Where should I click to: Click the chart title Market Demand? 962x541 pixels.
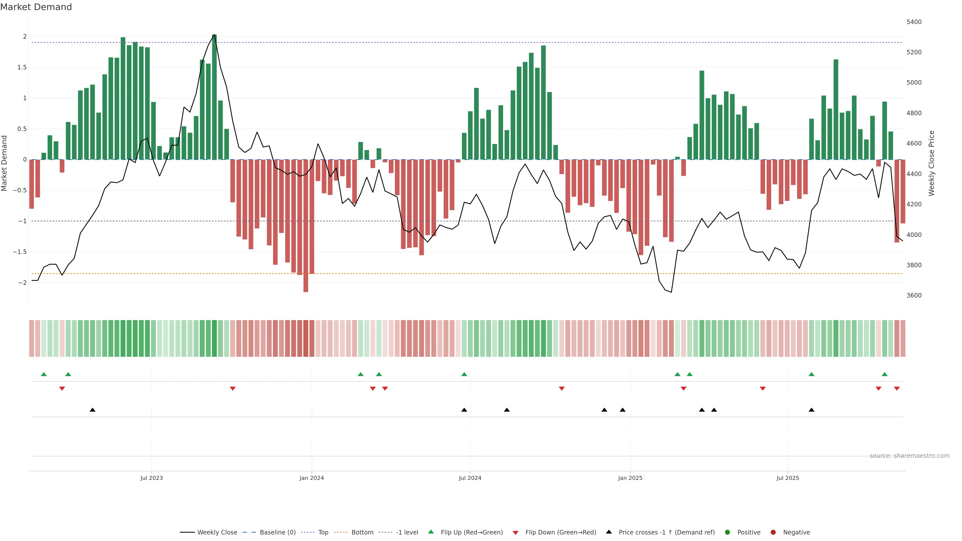coord(36,7)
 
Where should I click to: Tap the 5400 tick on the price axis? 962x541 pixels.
coord(914,22)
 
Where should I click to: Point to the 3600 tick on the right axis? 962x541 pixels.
coord(914,295)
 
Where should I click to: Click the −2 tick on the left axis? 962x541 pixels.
coord(22,283)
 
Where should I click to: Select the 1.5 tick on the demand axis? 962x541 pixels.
coord(22,67)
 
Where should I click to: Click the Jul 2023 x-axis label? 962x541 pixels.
coord(151,478)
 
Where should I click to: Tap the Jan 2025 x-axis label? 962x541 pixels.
coord(630,478)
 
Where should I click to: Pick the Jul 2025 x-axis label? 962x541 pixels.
coord(788,478)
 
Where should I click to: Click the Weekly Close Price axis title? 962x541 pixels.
coord(931,163)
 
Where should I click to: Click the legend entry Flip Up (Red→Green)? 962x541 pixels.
coord(471,532)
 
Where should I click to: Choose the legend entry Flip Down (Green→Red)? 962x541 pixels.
coord(560,532)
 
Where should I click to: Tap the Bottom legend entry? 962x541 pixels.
coord(362,532)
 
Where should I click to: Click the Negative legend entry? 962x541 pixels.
coord(796,532)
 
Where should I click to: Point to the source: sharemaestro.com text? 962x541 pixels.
coord(909,456)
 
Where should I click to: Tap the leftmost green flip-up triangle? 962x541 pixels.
coord(44,374)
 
